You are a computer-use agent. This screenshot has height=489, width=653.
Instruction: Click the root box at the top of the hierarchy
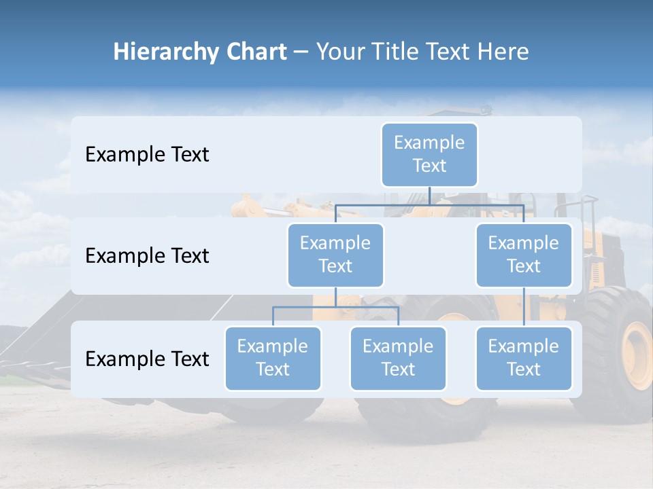coord(429,154)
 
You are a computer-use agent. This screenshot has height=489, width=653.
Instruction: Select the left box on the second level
coord(335,255)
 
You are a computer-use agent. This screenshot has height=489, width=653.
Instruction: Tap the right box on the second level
coord(524,255)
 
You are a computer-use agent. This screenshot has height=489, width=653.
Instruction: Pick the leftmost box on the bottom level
coord(273,358)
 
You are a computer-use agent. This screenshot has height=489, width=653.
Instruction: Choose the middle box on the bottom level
coord(398,358)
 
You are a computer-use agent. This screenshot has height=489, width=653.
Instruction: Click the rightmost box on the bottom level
coord(524,358)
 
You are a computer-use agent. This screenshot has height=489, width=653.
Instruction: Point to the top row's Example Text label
coord(147,155)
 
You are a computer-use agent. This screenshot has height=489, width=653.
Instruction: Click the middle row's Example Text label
coord(147,256)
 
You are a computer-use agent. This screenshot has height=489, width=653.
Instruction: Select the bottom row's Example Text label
coord(147,359)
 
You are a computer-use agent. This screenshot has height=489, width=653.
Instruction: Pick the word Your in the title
coord(339,52)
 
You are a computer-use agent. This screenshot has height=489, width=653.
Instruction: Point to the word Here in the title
coord(503,52)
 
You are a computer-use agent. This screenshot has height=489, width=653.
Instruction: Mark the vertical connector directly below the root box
coord(429,196)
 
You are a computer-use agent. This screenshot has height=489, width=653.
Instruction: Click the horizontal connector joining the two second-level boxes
coord(429,204)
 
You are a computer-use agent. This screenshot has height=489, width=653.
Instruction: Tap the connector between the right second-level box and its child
coord(524,307)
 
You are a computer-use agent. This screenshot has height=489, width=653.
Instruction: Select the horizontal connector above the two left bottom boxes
coord(335,307)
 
